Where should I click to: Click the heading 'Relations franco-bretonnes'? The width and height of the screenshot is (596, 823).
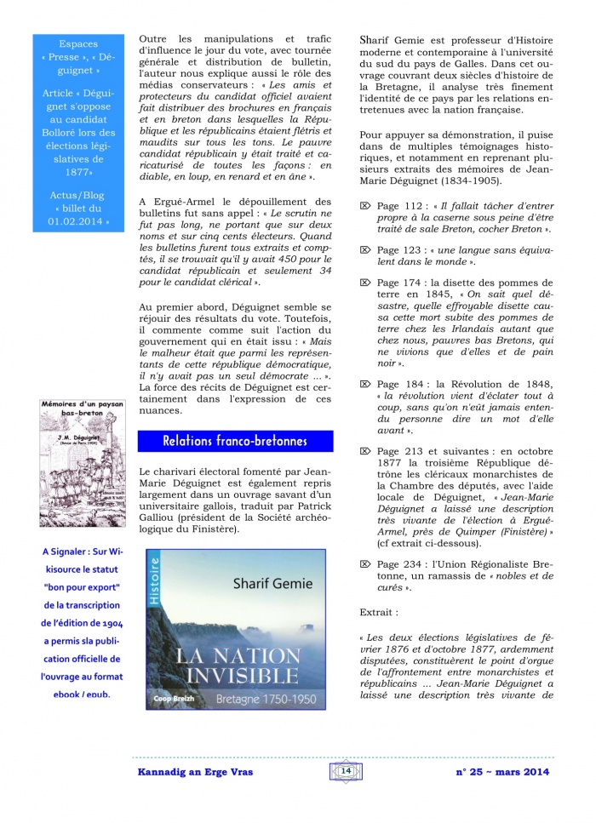click(x=234, y=441)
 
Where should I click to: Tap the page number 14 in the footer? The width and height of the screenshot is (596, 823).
click(x=346, y=770)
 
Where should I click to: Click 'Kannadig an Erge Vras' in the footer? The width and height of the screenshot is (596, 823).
click(x=194, y=771)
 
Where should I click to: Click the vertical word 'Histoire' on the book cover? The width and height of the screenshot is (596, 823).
click(x=154, y=581)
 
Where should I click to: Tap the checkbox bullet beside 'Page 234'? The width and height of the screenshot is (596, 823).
click(x=364, y=563)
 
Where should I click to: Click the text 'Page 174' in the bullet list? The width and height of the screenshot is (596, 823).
click(x=400, y=283)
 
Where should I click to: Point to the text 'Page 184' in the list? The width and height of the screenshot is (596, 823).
click(x=400, y=384)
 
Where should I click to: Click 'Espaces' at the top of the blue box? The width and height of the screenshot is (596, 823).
click(x=78, y=43)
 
